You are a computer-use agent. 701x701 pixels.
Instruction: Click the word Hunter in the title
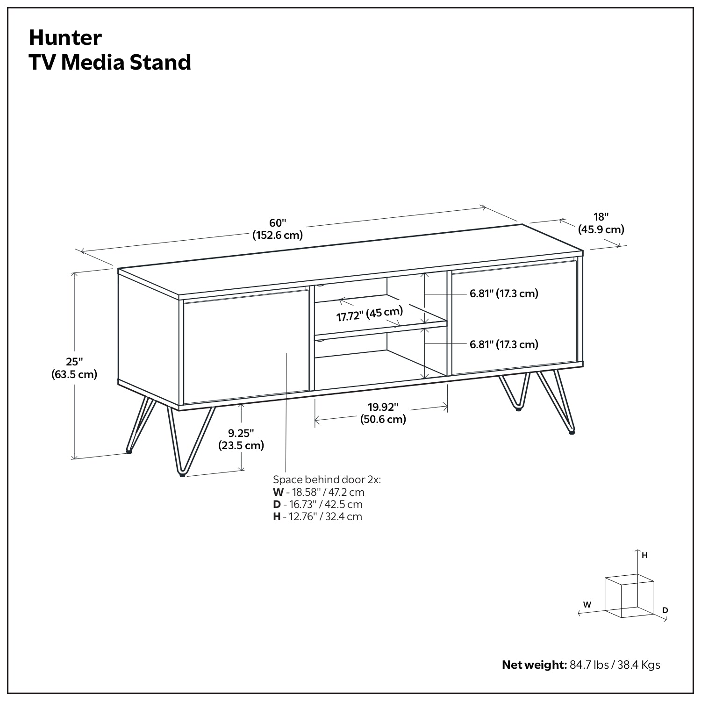65,38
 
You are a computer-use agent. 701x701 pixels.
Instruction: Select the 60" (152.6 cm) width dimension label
278,229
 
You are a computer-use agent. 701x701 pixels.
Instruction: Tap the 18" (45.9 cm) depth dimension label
601,223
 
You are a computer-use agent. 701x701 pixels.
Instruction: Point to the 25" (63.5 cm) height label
74,368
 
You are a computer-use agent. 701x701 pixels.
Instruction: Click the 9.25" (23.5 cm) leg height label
241,439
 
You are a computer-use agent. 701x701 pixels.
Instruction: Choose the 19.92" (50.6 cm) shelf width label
383,413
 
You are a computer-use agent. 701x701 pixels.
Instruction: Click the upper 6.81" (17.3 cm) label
504,293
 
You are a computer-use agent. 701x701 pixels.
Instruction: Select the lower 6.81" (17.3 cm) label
504,344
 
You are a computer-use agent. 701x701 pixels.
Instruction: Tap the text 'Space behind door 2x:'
327,479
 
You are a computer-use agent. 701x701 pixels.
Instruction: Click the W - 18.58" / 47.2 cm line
318,492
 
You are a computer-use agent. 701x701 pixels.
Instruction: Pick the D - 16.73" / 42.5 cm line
317,504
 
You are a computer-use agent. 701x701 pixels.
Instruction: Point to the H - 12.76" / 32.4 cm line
317,516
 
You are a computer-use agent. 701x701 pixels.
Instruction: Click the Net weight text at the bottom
581,665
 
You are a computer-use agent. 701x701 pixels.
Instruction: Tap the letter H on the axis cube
644,555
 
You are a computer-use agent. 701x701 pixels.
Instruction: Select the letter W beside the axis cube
587,604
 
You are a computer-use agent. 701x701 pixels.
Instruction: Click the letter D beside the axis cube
665,610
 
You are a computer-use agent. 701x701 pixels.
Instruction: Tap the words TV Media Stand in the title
110,62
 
